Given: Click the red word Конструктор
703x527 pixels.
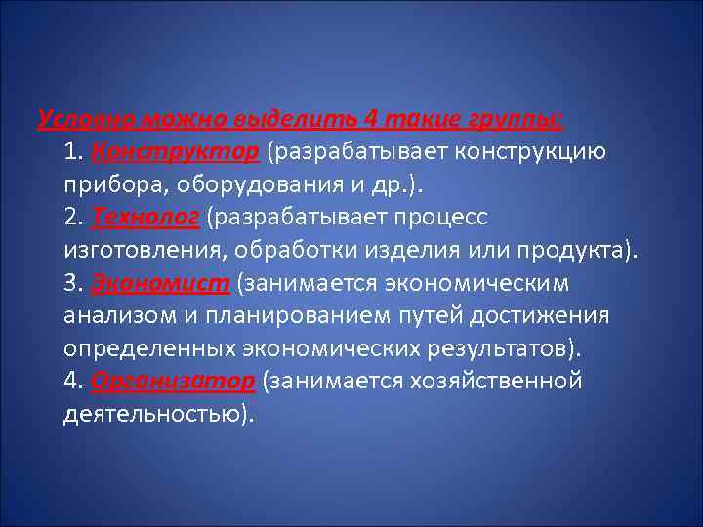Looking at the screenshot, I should (x=176, y=152).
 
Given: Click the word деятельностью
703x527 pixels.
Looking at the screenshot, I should (x=151, y=414).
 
